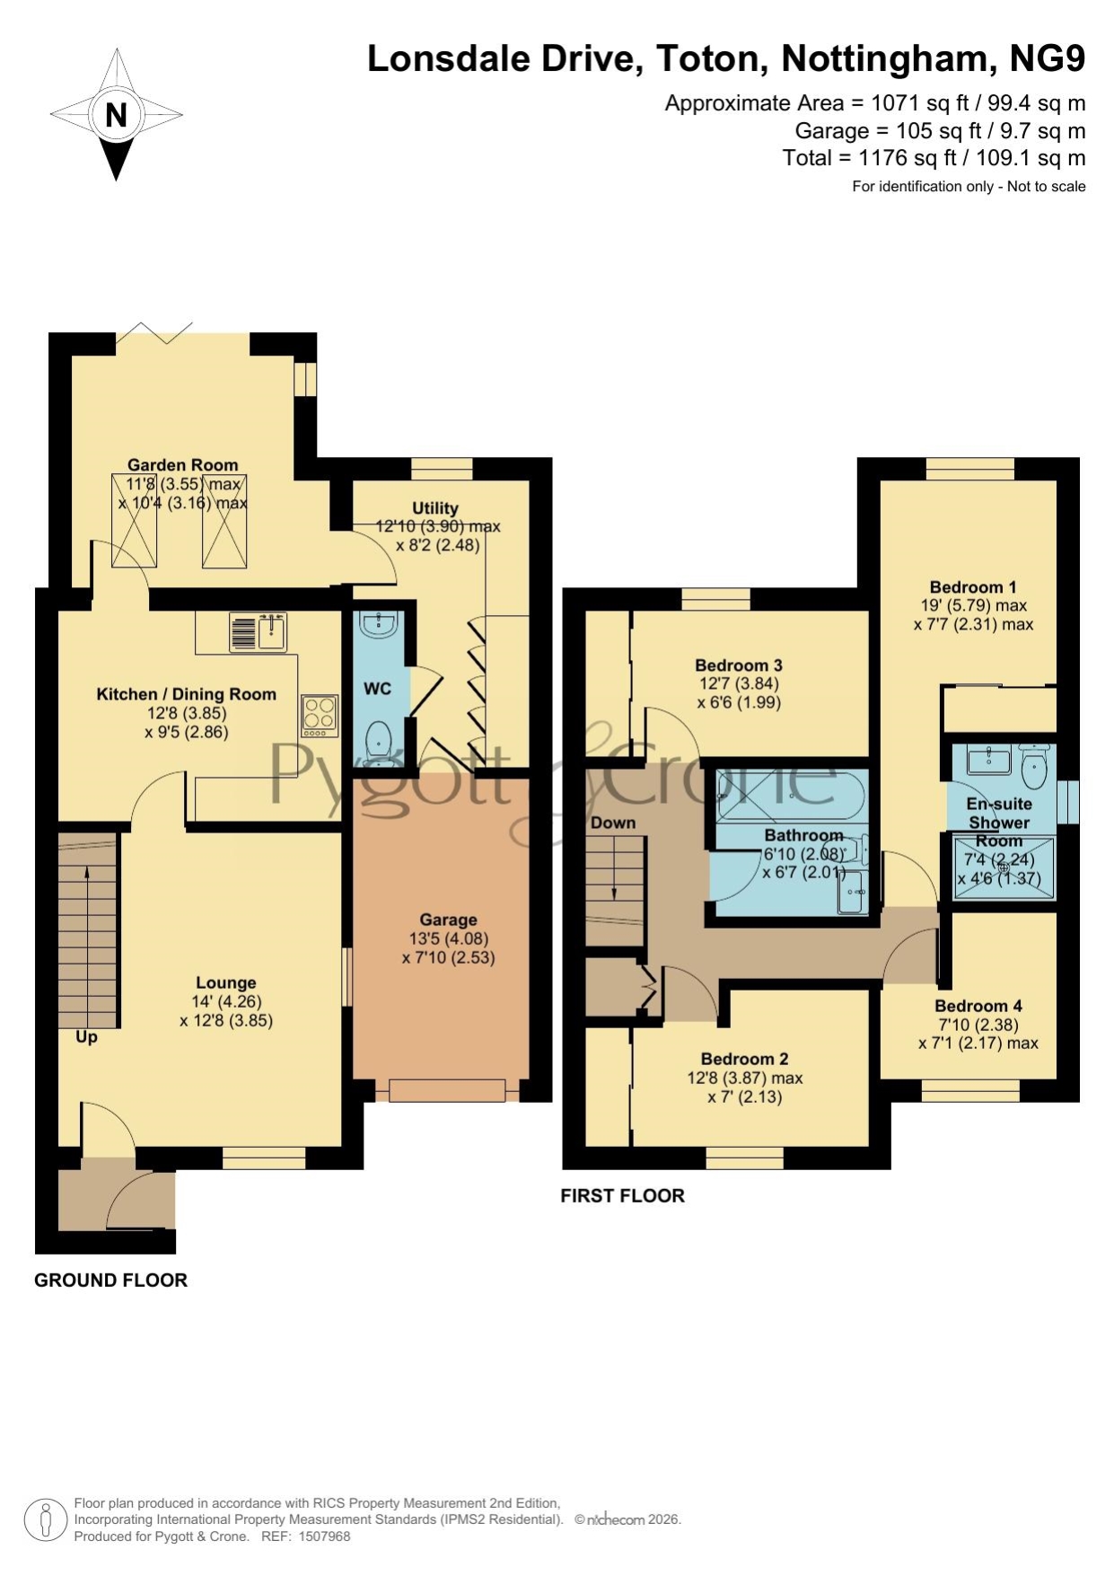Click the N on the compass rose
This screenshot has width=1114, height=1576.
(x=116, y=115)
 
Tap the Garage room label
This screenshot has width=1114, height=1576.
(x=448, y=920)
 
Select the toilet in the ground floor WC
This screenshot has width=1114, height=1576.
(x=379, y=739)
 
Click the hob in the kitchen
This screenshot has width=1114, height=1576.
(x=320, y=716)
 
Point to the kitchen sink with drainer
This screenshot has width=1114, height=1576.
(x=257, y=631)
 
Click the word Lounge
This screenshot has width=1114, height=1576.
(x=226, y=982)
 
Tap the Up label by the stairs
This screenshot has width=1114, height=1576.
(x=86, y=1037)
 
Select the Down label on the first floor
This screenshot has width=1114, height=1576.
(x=613, y=823)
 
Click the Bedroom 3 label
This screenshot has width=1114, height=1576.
(x=739, y=665)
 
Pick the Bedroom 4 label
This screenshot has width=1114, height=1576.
(x=978, y=1006)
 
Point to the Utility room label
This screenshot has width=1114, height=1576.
(x=435, y=508)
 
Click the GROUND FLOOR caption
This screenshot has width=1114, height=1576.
(x=110, y=1281)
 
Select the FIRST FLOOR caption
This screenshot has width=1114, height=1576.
(x=622, y=1195)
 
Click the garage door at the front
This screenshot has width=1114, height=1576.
(x=447, y=1090)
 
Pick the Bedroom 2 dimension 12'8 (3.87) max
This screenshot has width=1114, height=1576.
(x=745, y=1078)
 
